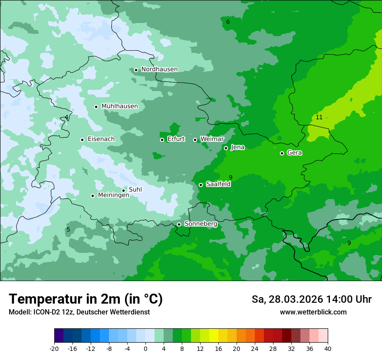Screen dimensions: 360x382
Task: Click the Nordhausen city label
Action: tap(159, 69)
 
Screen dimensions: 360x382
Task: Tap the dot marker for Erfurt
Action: tap(162, 140)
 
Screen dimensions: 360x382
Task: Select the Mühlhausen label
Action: tap(119, 106)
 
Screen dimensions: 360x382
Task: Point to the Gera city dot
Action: tap(282, 153)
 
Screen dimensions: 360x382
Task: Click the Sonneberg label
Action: tap(201, 224)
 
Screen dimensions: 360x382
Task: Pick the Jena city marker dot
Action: tap(226, 148)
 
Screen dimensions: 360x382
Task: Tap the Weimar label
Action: tap(212, 139)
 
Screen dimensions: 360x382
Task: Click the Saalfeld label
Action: tap(218, 184)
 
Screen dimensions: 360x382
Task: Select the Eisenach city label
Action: tap(101, 139)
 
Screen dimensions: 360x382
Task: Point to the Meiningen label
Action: tap(113, 196)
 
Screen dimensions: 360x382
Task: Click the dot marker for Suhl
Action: tap(123, 190)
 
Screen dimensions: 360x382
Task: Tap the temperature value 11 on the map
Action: tap(319, 118)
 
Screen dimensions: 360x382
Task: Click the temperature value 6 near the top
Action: tap(228, 22)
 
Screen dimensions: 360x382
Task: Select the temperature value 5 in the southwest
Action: tap(68, 230)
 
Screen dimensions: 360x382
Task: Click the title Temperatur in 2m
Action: tap(86, 299)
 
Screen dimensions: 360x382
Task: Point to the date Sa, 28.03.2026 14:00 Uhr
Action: tap(311, 300)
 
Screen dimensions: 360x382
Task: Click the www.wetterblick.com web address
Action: tap(313, 312)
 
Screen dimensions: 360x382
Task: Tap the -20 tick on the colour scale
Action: tap(54, 348)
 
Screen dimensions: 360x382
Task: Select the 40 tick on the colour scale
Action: tap(327, 348)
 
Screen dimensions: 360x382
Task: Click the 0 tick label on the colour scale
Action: tap(145, 348)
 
